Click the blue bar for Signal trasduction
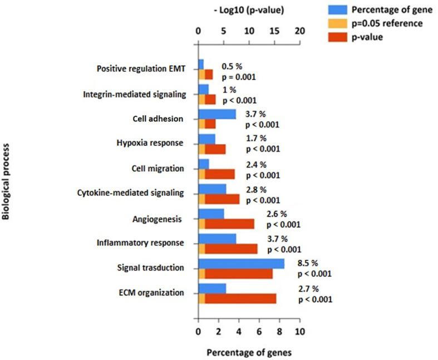tap(241, 264)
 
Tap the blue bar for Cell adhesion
tap(217, 115)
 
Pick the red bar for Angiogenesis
tap(229, 224)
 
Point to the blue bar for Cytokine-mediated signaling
tap(212, 189)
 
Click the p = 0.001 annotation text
tap(239, 77)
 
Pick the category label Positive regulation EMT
tap(141, 70)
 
